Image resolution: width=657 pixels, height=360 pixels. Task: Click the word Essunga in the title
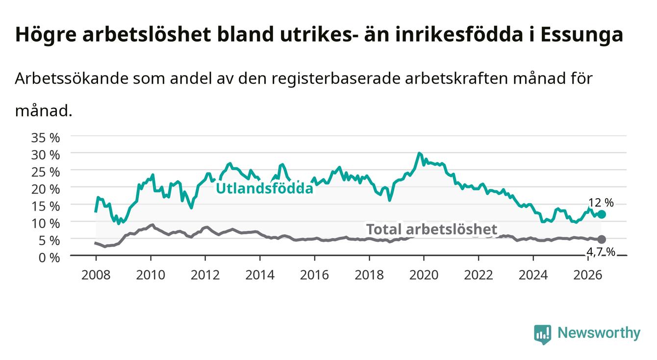click(581, 35)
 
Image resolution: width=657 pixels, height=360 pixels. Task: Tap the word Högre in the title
click(46, 35)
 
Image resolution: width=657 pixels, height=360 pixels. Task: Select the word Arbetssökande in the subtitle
click(72, 78)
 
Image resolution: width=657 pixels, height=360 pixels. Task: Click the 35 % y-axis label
click(46, 138)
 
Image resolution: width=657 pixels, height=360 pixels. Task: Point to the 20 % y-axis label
click(46, 189)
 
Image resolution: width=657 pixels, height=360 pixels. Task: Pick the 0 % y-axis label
click(49, 258)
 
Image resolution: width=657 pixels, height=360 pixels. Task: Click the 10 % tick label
click(46, 224)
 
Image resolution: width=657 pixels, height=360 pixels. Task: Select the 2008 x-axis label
click(96, 275)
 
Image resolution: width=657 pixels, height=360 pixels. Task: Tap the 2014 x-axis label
click(260, 275)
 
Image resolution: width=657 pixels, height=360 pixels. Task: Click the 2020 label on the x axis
click(424, 275)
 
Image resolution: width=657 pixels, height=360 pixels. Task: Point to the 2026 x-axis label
click(588, 275)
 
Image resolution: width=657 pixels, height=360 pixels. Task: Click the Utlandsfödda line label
click(265, 188)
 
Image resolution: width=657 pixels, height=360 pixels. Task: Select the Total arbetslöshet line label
click(432, 229)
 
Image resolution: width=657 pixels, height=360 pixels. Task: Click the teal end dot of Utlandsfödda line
click(602, 214)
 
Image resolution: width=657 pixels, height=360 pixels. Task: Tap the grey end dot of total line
click(602, 239)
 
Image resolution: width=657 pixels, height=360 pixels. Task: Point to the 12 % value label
click(601, 203)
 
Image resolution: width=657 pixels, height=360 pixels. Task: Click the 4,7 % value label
click(601, 252)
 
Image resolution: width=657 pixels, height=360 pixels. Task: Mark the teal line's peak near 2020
click(419, 153)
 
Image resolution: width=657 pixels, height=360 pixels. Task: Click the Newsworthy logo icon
click(543, 334)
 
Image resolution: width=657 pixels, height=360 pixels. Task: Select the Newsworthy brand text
click(599, 333)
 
